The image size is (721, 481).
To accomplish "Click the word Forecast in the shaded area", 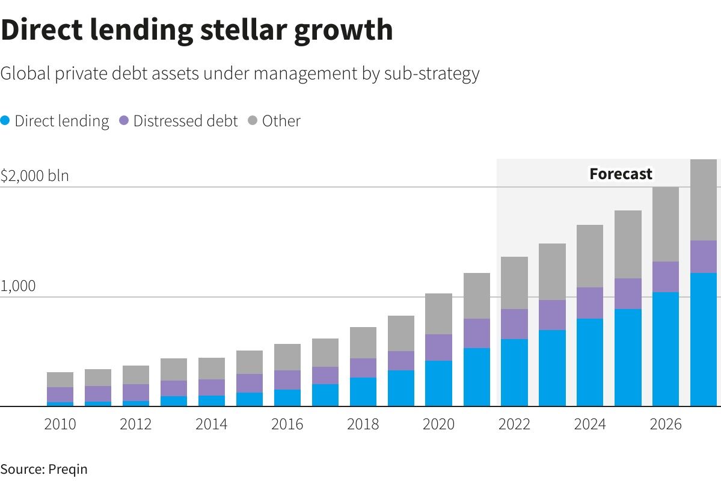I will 621,174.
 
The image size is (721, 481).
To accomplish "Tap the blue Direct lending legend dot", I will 5,121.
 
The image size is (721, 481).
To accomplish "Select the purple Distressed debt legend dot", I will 124,121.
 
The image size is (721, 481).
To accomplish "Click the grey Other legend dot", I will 253,121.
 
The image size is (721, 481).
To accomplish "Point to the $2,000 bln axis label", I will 35,176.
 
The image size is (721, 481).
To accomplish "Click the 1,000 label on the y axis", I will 18,286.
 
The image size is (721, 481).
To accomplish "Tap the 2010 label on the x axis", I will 60,424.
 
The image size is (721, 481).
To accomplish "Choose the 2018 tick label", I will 363,424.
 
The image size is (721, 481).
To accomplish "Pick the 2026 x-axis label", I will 666,424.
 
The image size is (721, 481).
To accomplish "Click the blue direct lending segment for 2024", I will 590,363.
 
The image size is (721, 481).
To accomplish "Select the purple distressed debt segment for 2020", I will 438,348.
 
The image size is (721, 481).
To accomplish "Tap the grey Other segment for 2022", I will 514,283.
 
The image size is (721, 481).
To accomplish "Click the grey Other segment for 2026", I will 666,224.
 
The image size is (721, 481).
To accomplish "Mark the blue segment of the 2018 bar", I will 363,392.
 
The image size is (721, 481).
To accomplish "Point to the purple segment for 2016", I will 287,380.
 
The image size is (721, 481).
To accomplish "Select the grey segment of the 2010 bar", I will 60,379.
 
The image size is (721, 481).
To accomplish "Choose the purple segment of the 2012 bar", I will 136,393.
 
